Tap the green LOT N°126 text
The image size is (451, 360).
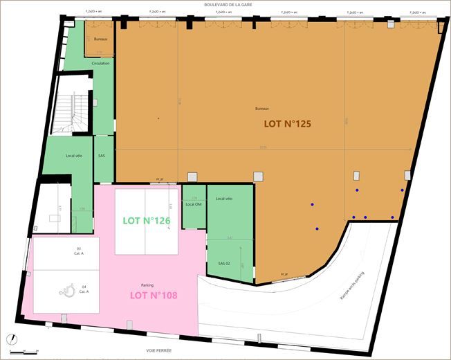click(147, 221)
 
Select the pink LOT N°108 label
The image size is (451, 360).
click(154, 295)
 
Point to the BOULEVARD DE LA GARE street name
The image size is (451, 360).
click(229, 5)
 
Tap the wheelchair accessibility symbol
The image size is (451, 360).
click(68, 291)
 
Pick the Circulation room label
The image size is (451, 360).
click(100, 64)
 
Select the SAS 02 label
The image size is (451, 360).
click(224, 264)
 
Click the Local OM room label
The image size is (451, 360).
click(194, 204)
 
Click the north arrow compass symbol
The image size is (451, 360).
click(11, 339)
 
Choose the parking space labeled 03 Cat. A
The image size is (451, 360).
click(78, 251)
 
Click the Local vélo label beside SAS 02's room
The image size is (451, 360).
click(224, 199)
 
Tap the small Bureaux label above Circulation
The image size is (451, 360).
click(101, 39)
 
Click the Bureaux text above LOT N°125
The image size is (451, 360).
click(261, 109)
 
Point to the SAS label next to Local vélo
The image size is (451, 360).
click(102, 156)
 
